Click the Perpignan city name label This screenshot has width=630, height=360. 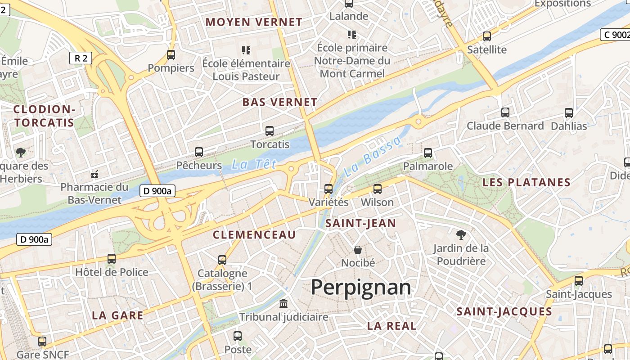[361, 288]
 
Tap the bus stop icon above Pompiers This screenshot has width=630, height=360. [171, 55]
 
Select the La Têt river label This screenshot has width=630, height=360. [254, 165]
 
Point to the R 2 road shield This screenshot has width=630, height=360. [81, 58]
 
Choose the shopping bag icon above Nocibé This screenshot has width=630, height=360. [358, 249]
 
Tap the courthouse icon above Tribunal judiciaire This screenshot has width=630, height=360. [283, 304]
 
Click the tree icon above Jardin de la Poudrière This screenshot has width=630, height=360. [461, 234]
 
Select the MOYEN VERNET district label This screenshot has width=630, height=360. [254, 22]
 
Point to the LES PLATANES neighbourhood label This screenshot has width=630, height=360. [526, 183]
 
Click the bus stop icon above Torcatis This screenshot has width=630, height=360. [270, 131]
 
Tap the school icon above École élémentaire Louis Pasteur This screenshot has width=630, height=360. [246, 50]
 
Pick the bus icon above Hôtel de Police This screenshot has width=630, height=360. [112, 259]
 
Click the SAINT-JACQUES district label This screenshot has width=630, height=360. [504, 312]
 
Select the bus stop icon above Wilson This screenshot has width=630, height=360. [378, 189]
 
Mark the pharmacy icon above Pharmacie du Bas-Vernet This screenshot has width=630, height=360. [94, 174]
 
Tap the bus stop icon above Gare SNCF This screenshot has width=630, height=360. [42, 342]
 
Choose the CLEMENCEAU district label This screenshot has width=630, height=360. [254, 235]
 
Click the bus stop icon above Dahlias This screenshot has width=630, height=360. [569, 113]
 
